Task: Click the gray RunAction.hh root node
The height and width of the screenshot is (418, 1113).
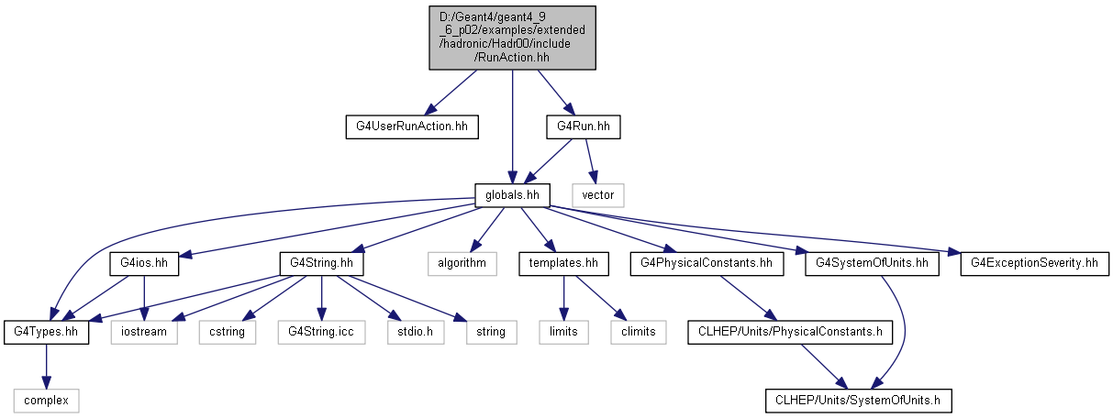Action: coord(512,38)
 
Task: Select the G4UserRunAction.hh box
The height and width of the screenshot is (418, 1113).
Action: coord(412,127)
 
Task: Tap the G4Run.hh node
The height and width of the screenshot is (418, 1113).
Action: coord(584,127)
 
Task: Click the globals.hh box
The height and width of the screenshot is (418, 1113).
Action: coord(512,195)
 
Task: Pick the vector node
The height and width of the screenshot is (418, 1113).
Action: coord(597,195)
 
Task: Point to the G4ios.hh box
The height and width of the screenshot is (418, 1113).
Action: coord(144,264)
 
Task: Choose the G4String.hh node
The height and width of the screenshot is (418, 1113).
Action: coord(321,264)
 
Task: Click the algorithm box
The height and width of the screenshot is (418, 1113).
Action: coord(462,264)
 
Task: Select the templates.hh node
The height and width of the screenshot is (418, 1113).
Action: coord(563,264)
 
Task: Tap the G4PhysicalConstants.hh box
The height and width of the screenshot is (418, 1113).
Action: coord(707,264)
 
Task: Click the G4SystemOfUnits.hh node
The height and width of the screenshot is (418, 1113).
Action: coord(872,264)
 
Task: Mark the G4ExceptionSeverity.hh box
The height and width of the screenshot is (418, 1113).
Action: coord(1034,264)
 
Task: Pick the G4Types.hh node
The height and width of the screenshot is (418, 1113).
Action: coord(46,333)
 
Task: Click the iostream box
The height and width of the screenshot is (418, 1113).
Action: coord(144,333)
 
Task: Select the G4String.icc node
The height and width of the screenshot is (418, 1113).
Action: coord(321,333)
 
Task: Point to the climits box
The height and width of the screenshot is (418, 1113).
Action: coord(639,333)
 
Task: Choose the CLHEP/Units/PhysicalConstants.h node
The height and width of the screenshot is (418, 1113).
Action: coord(790,333)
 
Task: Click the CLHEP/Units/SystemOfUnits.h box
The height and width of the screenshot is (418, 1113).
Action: coord(858,401)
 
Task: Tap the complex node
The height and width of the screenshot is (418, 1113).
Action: coord(46,401)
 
